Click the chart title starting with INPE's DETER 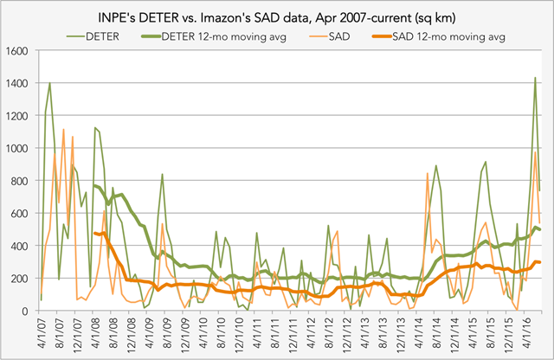click(277, 16)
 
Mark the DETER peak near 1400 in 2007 click(49, 83)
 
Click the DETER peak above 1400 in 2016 click(535, 78)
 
